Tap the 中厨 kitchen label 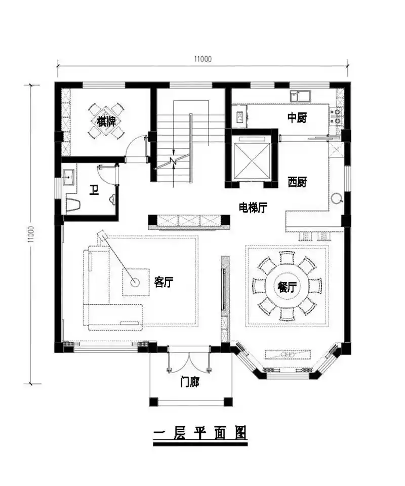pos(297,117)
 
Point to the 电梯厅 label pos(253,207)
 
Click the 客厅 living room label pos(164,282)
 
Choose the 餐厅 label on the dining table pos(287,287)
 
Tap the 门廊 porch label pos(190,383)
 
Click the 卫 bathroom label pos(94,190)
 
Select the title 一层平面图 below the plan pos(199,434)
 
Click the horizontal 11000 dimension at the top pos(202,59)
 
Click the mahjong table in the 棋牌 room pos(105,121)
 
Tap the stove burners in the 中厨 pos(335,117)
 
